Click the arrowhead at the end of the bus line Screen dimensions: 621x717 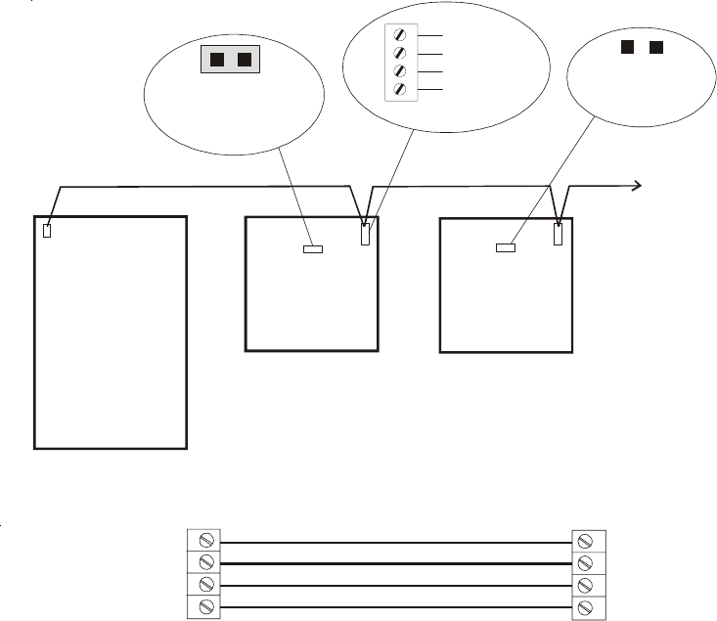pyautogui.click(x=637, y=184)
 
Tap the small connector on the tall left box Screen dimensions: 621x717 pyautogui.click(x=47, y=232)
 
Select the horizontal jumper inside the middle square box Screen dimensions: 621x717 pyautogui.click(x=311, y=249)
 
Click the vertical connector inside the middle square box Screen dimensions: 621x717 pyautogui.click(x=365, y=235)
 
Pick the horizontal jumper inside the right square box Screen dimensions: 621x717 pyautogui.click(x=505, y=248)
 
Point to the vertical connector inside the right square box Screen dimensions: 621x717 pyautogui.click(x=558, y=235)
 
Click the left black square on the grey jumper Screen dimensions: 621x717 pyautogui.click(x=217, y=61)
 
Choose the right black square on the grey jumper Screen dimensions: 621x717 pyautogui.click(x=244, y=61)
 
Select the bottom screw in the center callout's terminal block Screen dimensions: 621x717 pyautogui.click(x=399, y=90)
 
